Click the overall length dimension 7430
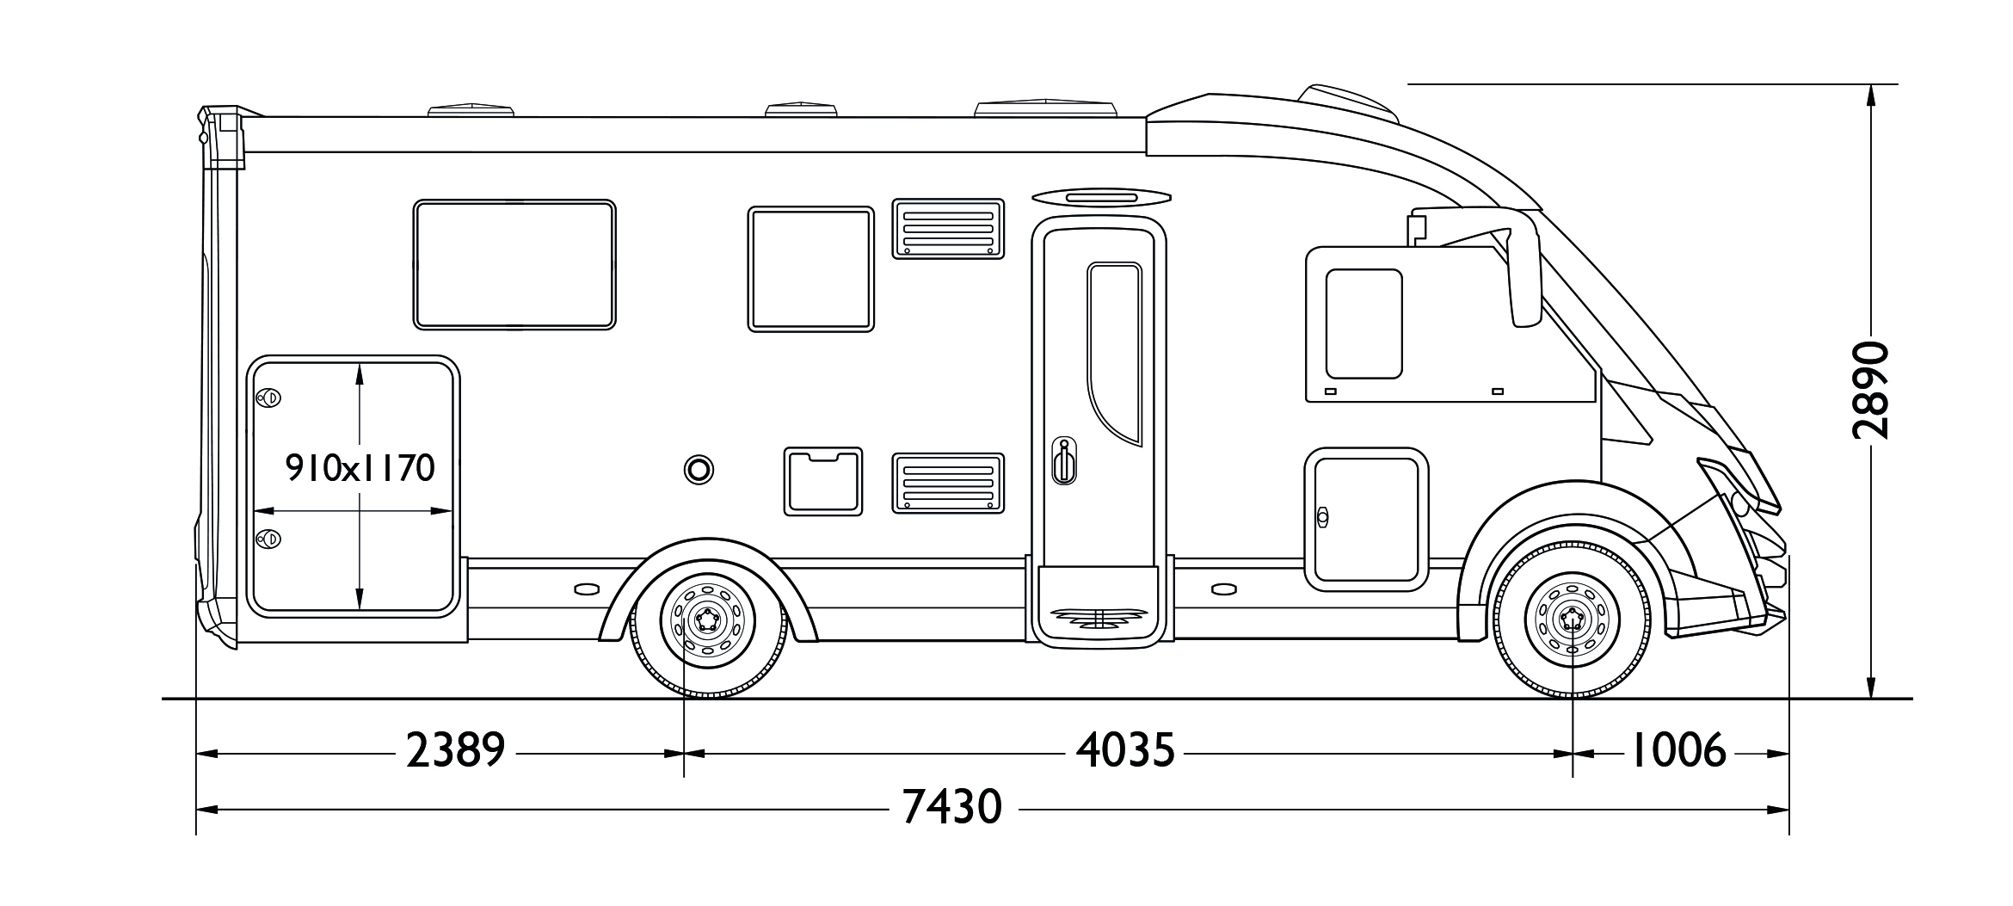(x=952, y=808)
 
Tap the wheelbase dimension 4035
(x=1125, y=752)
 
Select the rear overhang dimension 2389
(x=455, y=752)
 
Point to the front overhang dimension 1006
(x=1678, y=752)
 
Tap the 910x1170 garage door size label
(x=360, y=469)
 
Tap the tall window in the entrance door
(x=1114, y=354)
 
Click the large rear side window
(x=514, y=264)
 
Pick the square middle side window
(x=811, y=268)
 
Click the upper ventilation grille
(x=948, y=228)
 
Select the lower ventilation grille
(x=948, y=483)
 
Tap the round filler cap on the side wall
(x=699, y=469)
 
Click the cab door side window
(x=1364, y=324)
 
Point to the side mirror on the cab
(x=1523, y=267)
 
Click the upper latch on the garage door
(x=269, y=398)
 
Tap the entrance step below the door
(x=1099, y=615)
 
